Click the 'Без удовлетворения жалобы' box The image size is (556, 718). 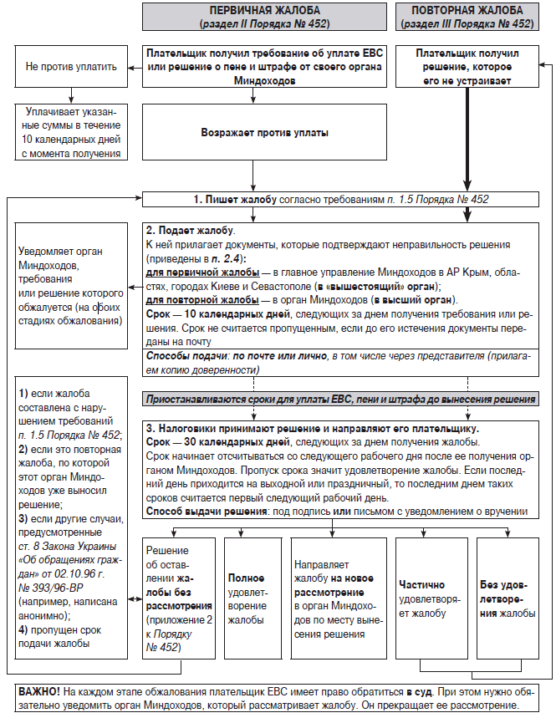(x=507, y=598)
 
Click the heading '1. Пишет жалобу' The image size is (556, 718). (x=229, y=200)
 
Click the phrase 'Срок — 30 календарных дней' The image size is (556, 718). (x=218, y=440)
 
